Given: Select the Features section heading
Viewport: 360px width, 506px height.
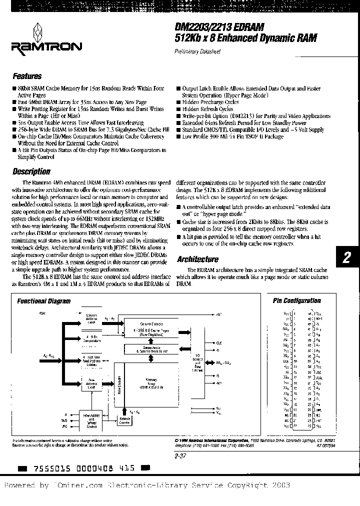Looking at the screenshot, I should (27, 76).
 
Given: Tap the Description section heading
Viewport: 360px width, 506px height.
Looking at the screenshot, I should (31, 171).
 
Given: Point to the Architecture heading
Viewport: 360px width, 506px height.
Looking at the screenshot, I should (197, 259).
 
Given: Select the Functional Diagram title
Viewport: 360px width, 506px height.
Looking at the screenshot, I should (44, 301).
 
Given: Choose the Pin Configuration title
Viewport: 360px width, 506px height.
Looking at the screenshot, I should (296, 300).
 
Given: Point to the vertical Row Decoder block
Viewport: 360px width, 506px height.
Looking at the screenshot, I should (118, 390).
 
